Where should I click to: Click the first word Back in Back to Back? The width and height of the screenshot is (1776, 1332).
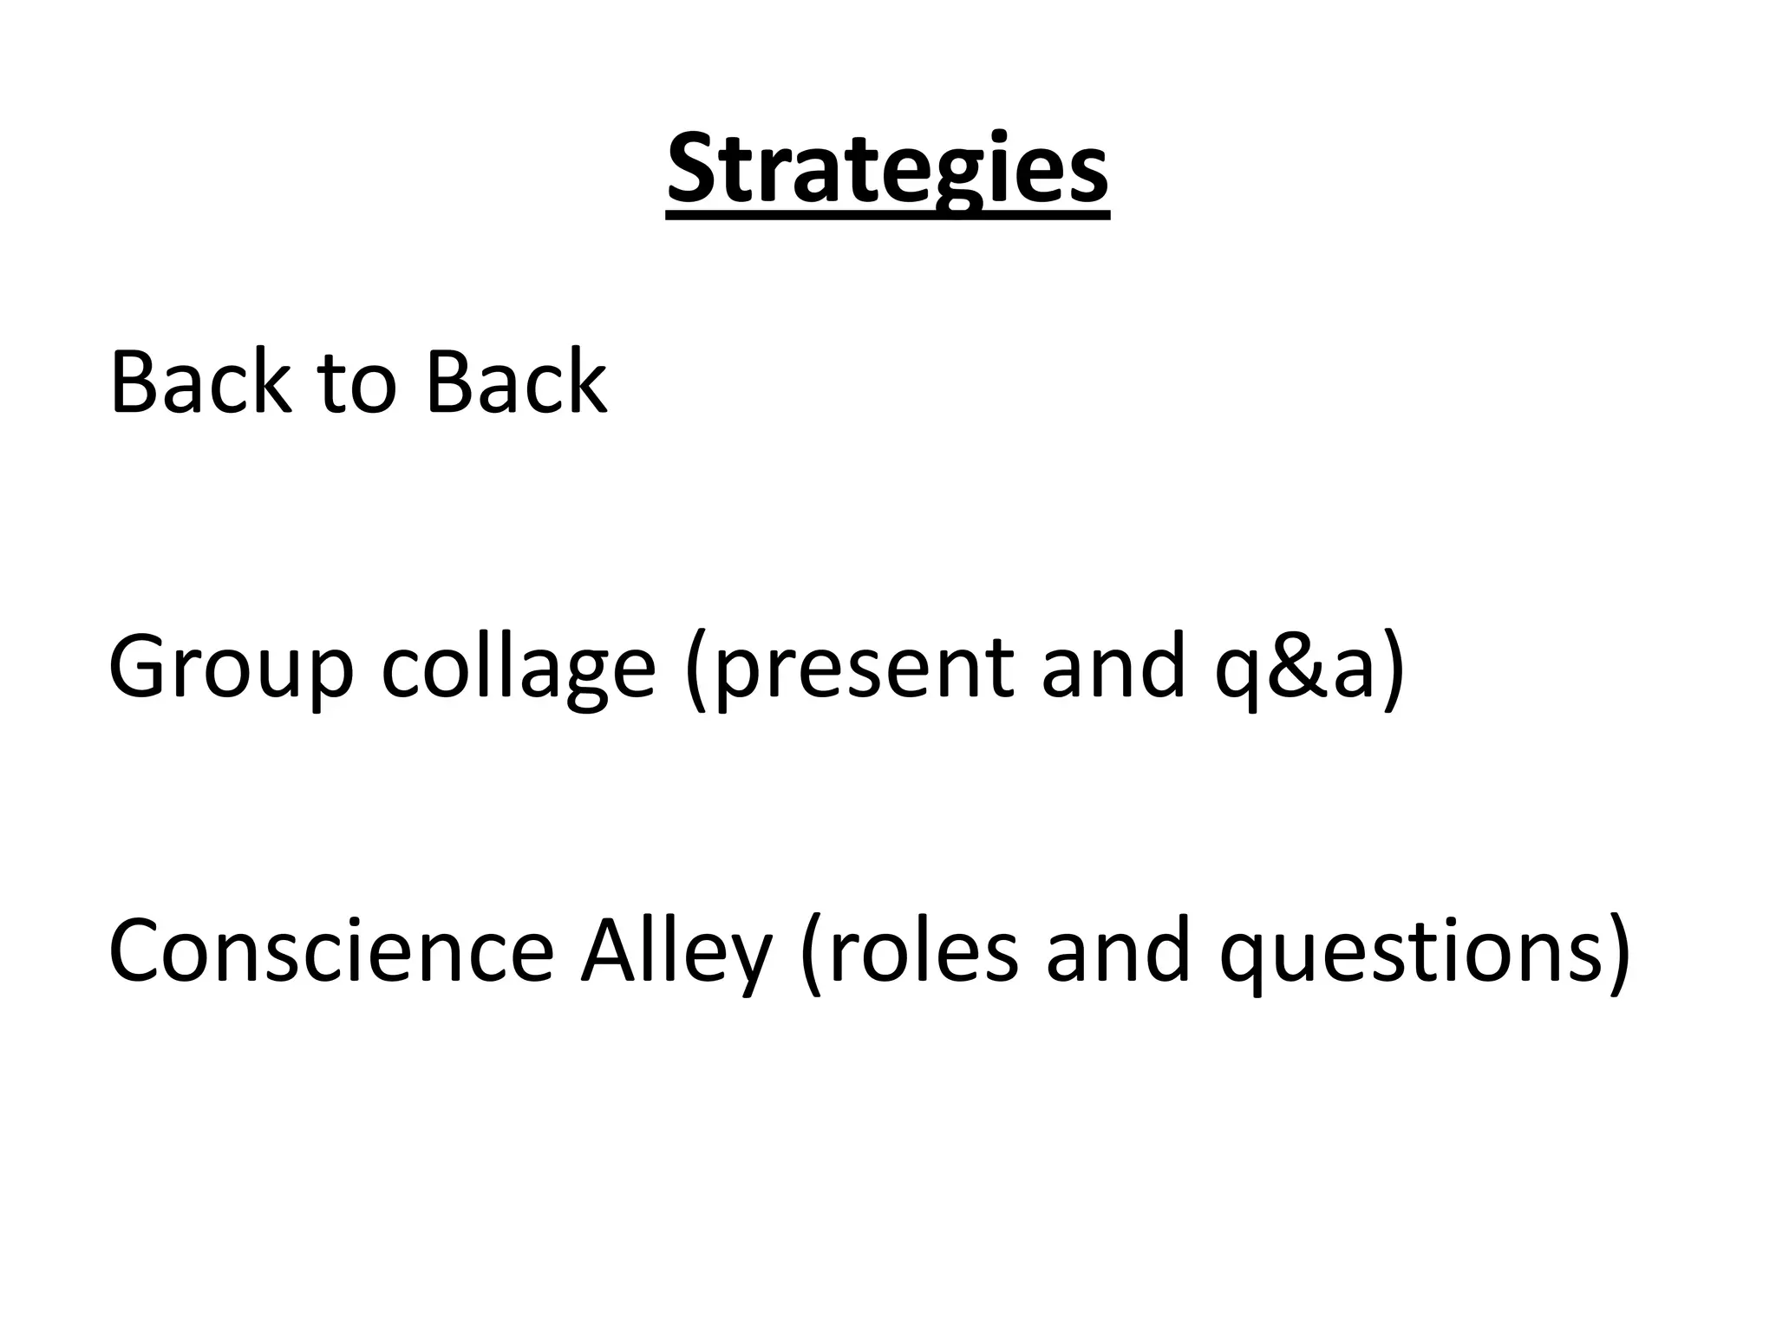199,382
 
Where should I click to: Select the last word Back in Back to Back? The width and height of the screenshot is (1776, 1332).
516,382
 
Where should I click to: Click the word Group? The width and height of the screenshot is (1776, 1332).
231,668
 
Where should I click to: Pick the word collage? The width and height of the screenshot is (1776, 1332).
518,668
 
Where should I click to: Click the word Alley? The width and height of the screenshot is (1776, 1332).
675,953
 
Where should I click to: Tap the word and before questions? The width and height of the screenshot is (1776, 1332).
1119,951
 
